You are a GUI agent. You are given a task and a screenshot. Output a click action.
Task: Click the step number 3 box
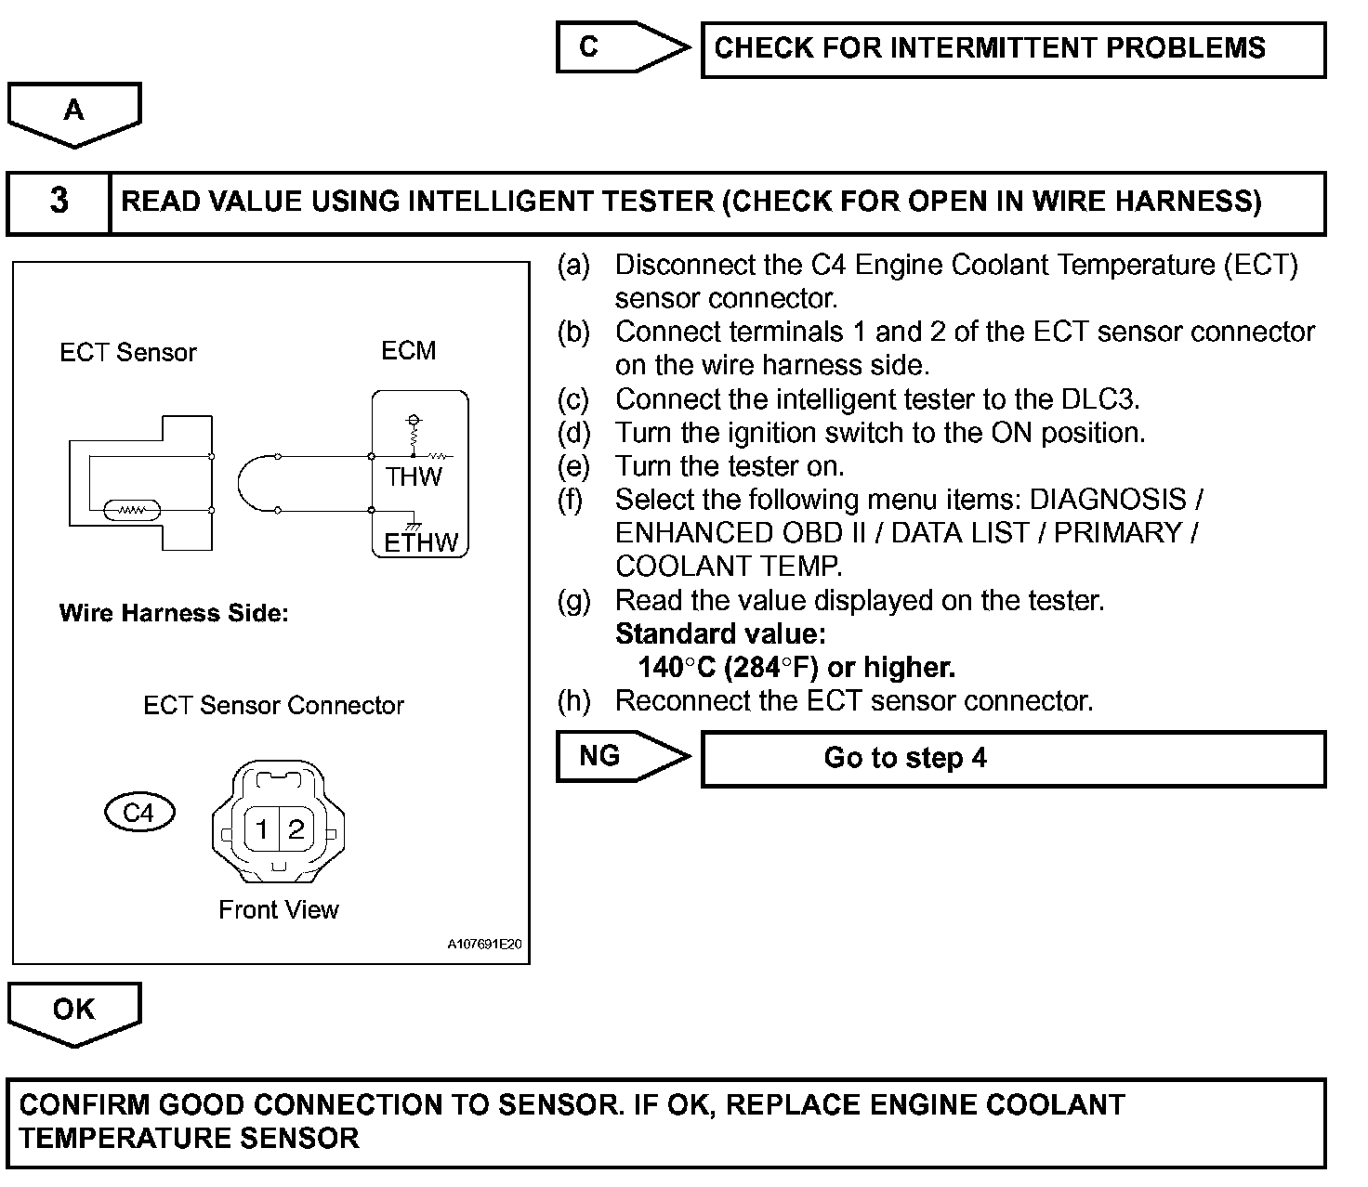(59, 202)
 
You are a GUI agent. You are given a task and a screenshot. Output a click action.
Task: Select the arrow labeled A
(73, 113)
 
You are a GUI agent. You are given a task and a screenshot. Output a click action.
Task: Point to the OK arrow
(73, 1012)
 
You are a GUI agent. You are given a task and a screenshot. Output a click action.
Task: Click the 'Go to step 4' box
(1013, 758)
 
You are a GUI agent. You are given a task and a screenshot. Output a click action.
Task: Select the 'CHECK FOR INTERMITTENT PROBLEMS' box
(1013, 49)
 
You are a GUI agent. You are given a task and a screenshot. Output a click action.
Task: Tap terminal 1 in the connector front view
(262, 828)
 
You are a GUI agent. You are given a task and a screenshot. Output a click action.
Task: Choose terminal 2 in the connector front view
(296, 828)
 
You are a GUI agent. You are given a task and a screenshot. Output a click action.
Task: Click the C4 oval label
(139, 813)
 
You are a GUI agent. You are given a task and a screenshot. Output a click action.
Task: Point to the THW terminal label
(414, 477)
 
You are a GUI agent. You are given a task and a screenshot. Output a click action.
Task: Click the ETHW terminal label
(421, 542)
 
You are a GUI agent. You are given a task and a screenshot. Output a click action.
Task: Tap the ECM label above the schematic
(408, 351)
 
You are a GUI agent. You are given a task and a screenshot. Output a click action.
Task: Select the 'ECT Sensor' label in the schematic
(128, 353)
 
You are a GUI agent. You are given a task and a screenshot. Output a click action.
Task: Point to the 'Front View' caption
(278, 909)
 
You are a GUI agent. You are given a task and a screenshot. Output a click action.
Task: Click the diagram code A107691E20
(484, 945)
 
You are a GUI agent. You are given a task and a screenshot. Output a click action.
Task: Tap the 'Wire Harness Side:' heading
(174, 613)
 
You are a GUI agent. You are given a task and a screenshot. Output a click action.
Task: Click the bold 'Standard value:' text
(720, 633)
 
